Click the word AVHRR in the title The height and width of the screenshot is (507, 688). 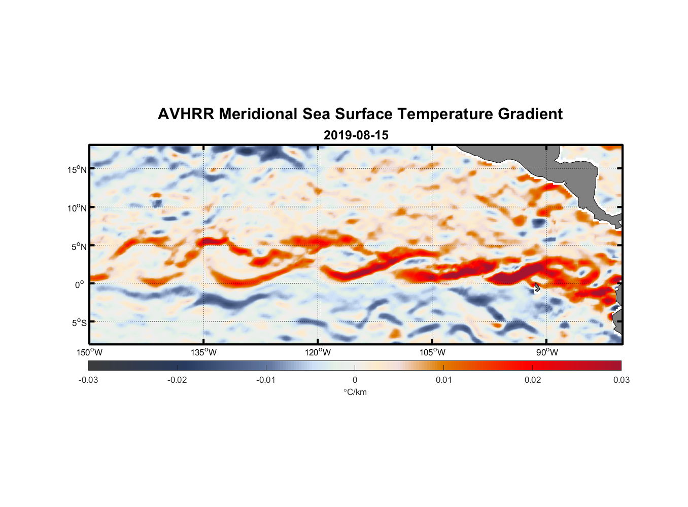point(186,114)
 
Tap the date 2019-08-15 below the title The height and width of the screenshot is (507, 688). point(356,135)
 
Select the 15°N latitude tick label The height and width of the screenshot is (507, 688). point(77,169)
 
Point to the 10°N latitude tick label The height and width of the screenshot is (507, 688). point(77,208)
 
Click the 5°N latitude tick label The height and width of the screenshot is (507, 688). point(79,246)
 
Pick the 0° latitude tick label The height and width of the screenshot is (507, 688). point(80,284)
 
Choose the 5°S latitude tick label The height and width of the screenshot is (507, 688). point(79,322)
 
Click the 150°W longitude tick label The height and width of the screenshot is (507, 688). point(89,352)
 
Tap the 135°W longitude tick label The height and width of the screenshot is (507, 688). point(204,352)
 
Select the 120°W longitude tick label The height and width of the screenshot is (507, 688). point(318,352)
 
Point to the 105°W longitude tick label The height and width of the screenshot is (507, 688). point(432,352)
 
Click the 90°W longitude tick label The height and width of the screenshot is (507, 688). point(547,352)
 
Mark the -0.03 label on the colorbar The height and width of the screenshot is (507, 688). point(88,380)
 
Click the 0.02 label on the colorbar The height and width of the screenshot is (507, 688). point(533,380)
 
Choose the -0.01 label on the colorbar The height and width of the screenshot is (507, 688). point(266,380)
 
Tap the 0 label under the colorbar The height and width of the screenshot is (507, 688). point(355,380)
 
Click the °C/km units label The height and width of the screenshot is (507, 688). point(355,392)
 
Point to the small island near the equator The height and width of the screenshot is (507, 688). point(537,287)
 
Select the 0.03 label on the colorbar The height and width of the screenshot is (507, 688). point(621,380)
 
